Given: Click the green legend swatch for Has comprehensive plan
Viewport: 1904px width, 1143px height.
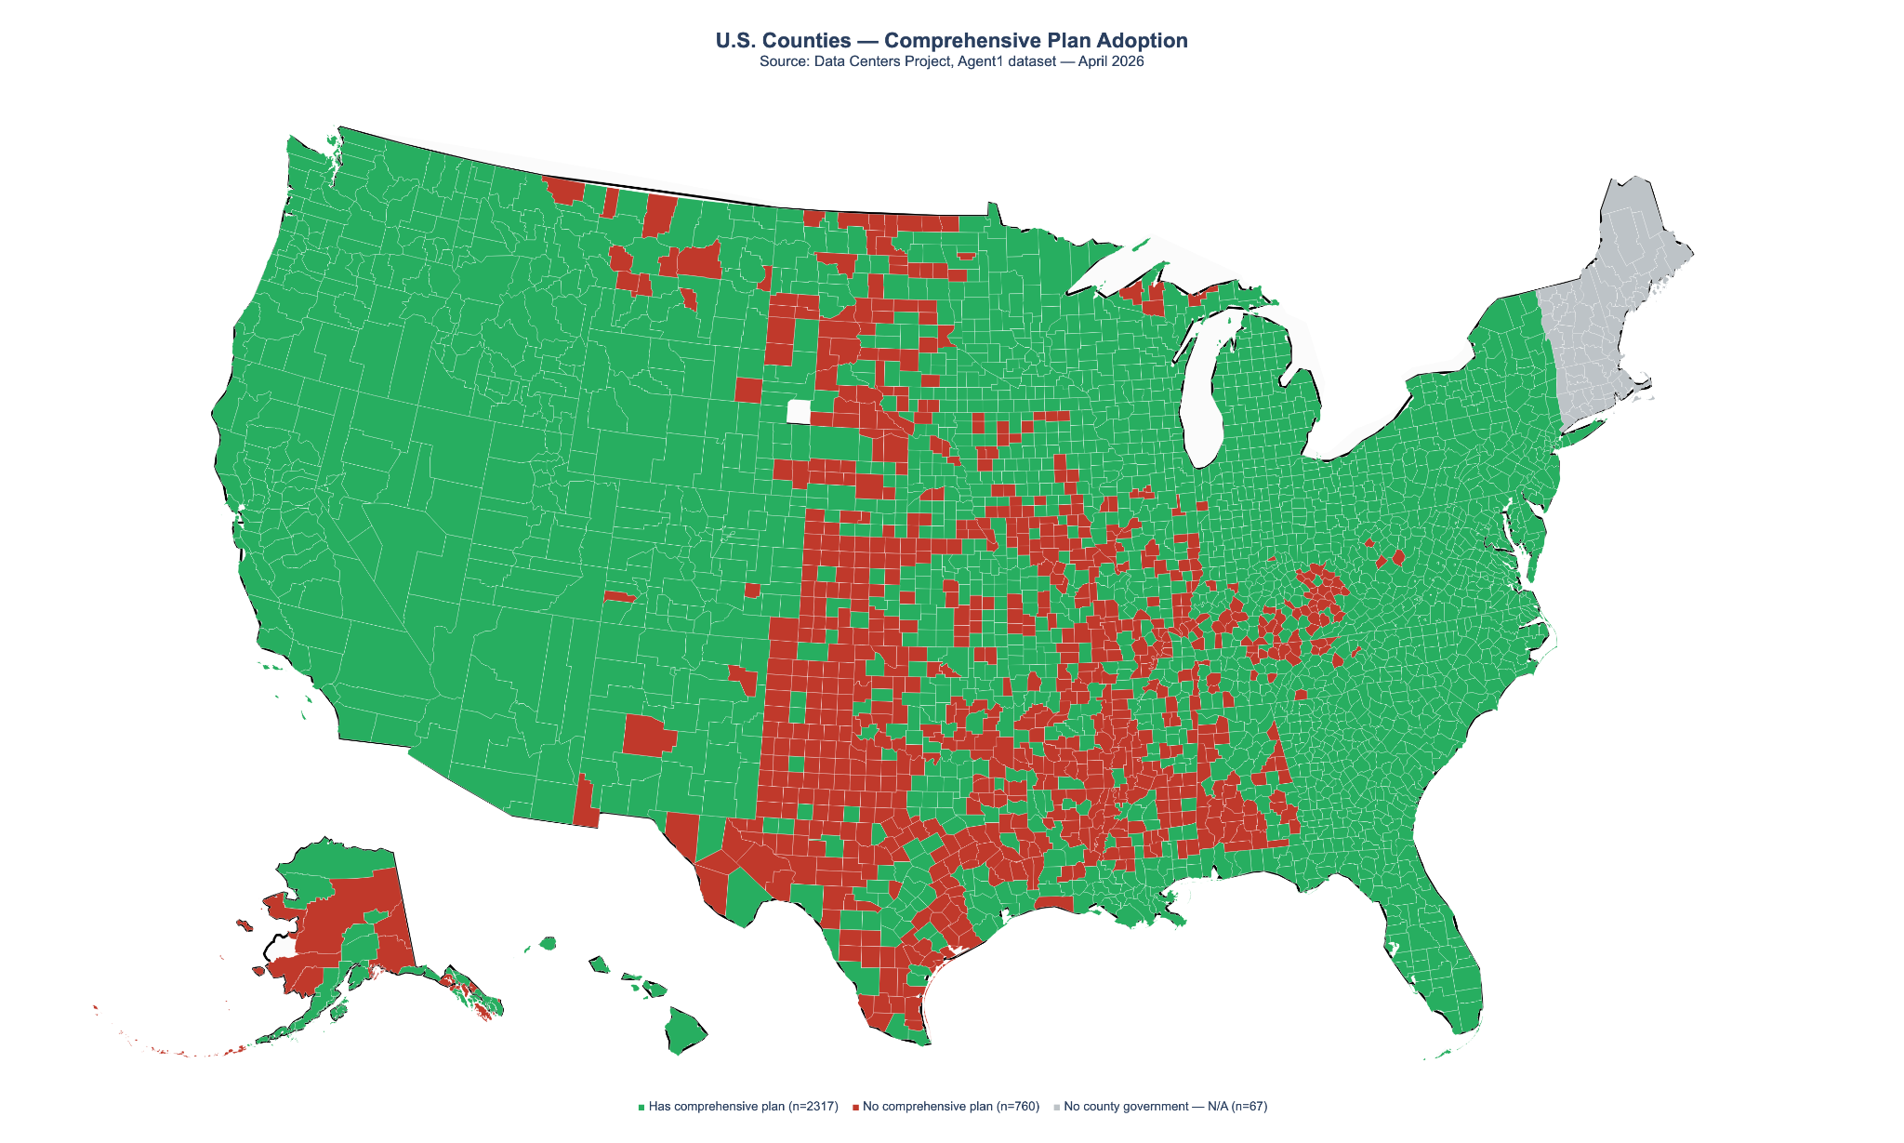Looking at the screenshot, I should point(641,1107).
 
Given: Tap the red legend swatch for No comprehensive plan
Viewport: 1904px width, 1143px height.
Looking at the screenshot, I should point(855,1107).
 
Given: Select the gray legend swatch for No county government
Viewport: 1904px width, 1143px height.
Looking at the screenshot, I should point(1057,1107).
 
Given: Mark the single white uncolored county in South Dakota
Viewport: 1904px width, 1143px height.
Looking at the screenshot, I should point(799,411).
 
